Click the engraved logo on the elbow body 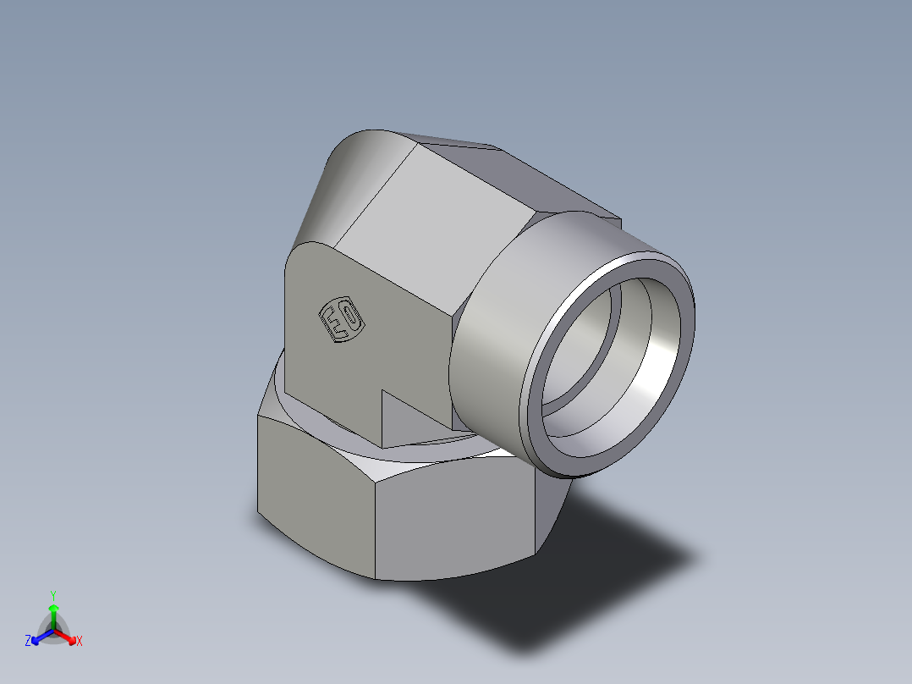341,321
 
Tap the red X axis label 80,642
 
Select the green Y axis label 53,595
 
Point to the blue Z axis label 28,642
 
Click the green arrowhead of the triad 53,609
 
